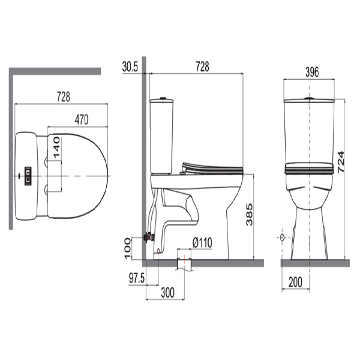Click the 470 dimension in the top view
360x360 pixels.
(82, 119)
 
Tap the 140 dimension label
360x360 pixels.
(56, 147)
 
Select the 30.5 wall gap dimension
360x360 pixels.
(130, 67)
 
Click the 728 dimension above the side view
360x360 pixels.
(202, 67)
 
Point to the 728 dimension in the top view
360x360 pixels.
(64, 97)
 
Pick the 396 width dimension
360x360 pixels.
(312, 72)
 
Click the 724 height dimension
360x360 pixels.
(341, 162)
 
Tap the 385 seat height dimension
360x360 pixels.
(249, 214)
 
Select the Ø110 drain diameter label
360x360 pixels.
(202, 242)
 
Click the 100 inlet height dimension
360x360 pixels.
(127, 248)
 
